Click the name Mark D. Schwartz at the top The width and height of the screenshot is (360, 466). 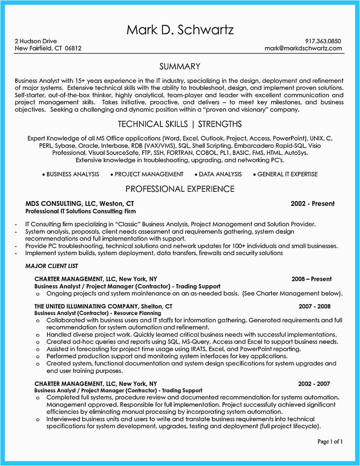(x=180, y=30)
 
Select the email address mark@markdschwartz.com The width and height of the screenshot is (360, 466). (x=303, y=48)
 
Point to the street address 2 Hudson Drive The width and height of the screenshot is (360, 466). (x=36, y=41)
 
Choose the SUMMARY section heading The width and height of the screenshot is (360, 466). (x=180, y=66)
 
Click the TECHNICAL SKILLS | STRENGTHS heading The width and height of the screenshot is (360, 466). (x=180, y=124)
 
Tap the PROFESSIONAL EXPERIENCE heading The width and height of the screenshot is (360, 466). (x=180, y=189)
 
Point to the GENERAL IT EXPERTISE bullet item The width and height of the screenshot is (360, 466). (x=287, y=174)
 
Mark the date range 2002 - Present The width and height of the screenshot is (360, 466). (x=312, y=203)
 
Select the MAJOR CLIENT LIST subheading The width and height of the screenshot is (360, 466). (x=52, y=266)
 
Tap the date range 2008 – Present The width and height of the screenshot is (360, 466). (x=312, y=279)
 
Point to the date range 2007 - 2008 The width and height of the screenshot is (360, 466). (x=315, y=306)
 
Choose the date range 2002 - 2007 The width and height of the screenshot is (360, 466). (x=314, y=384)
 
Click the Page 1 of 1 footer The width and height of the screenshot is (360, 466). (x=330, y=442)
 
